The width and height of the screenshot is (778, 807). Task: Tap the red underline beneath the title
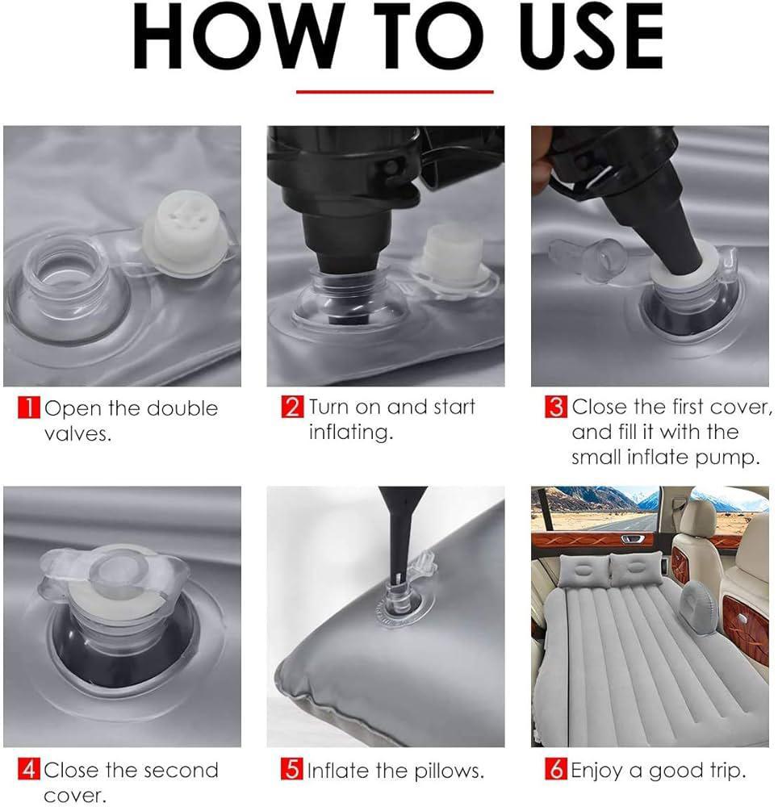[395, 91]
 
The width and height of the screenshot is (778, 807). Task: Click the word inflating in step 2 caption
[350, 433]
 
